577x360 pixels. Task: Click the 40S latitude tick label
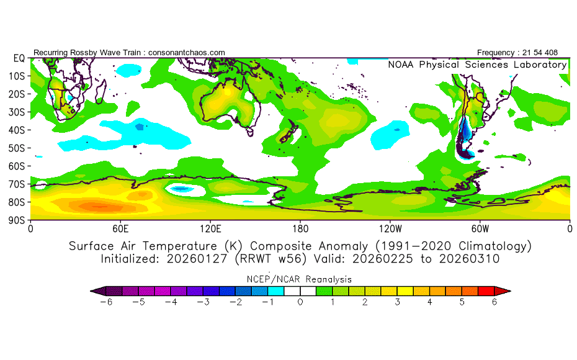[19, 130]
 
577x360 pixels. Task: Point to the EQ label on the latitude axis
[19, 58]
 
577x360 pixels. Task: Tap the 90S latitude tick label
[19, 220]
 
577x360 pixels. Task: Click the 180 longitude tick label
[300, 228]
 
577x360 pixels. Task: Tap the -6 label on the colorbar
[105, 302]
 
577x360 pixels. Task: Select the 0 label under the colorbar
[300, 302]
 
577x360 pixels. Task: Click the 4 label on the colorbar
[430, 302]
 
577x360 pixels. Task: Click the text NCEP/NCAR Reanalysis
[300, 279]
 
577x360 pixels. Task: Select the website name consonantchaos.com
[187, 53]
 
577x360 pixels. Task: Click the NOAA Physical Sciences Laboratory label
[477, 65]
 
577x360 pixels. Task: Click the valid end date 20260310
[470, 259]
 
